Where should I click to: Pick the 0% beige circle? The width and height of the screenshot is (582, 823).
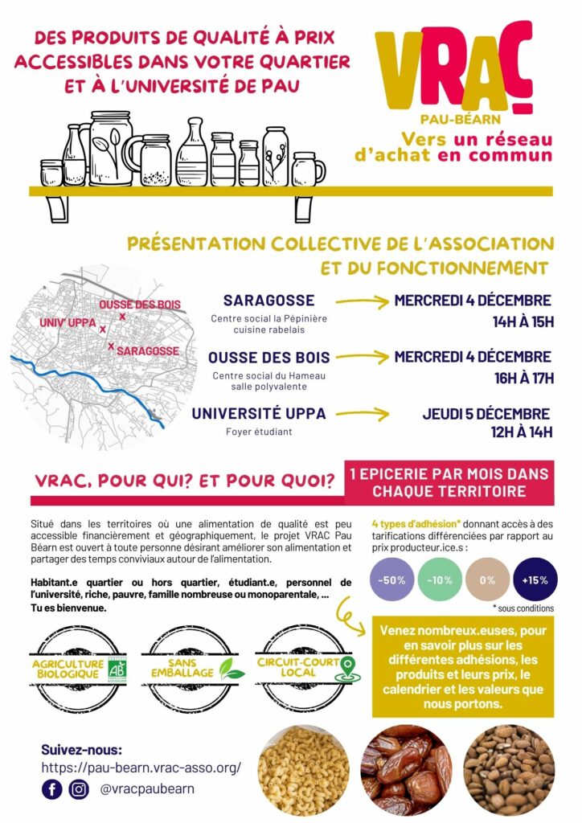click(x=488, y=579)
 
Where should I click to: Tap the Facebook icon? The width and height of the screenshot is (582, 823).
click(x=52, y=789)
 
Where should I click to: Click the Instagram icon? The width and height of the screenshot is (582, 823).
click(x=79, y=789)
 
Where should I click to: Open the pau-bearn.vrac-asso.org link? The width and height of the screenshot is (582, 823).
click(x=141, y=768)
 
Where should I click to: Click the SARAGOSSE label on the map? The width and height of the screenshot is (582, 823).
click(x=147, y=351)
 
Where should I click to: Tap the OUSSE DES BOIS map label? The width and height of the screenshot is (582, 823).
click(x=140, y=305)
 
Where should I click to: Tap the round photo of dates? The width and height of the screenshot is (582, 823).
click(x=406, y=770)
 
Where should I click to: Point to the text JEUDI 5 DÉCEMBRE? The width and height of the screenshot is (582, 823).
click(x=486, y=415)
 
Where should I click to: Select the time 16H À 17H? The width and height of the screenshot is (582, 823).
click(x=523, y=377)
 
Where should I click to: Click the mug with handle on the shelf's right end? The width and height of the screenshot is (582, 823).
click(x=308, y=169)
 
